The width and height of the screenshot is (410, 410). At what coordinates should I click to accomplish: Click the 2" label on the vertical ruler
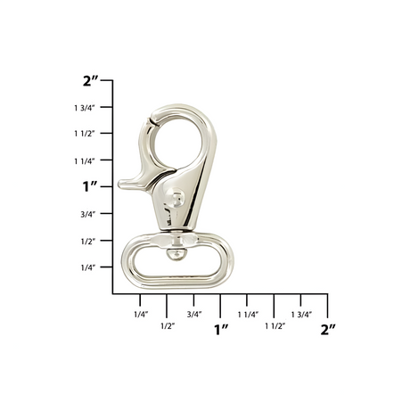(90, 80)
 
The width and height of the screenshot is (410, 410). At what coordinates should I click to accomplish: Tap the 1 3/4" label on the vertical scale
(86, 107)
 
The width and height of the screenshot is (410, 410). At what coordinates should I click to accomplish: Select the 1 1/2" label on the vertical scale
(86, 134)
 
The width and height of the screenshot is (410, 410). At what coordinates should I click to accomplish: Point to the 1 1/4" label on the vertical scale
(86, 160)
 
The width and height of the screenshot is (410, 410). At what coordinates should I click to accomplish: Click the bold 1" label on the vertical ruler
(89, 186)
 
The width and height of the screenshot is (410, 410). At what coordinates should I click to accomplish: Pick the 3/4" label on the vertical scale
(87, 214)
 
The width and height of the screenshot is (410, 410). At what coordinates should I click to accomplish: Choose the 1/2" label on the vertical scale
(87, 241)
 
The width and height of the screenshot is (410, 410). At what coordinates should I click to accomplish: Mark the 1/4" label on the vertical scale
(87, 267)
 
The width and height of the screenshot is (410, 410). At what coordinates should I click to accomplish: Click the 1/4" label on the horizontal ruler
(140, 314)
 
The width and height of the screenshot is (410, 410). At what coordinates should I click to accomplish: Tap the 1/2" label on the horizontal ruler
(167, 326)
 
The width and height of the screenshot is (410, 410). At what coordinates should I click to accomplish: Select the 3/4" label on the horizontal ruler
(194, 314)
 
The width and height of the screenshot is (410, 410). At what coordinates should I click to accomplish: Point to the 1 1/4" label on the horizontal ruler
(248, 314)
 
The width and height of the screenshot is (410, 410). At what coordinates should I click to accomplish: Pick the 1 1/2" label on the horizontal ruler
(275, 326)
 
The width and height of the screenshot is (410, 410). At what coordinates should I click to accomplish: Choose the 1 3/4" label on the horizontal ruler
(301, 314)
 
